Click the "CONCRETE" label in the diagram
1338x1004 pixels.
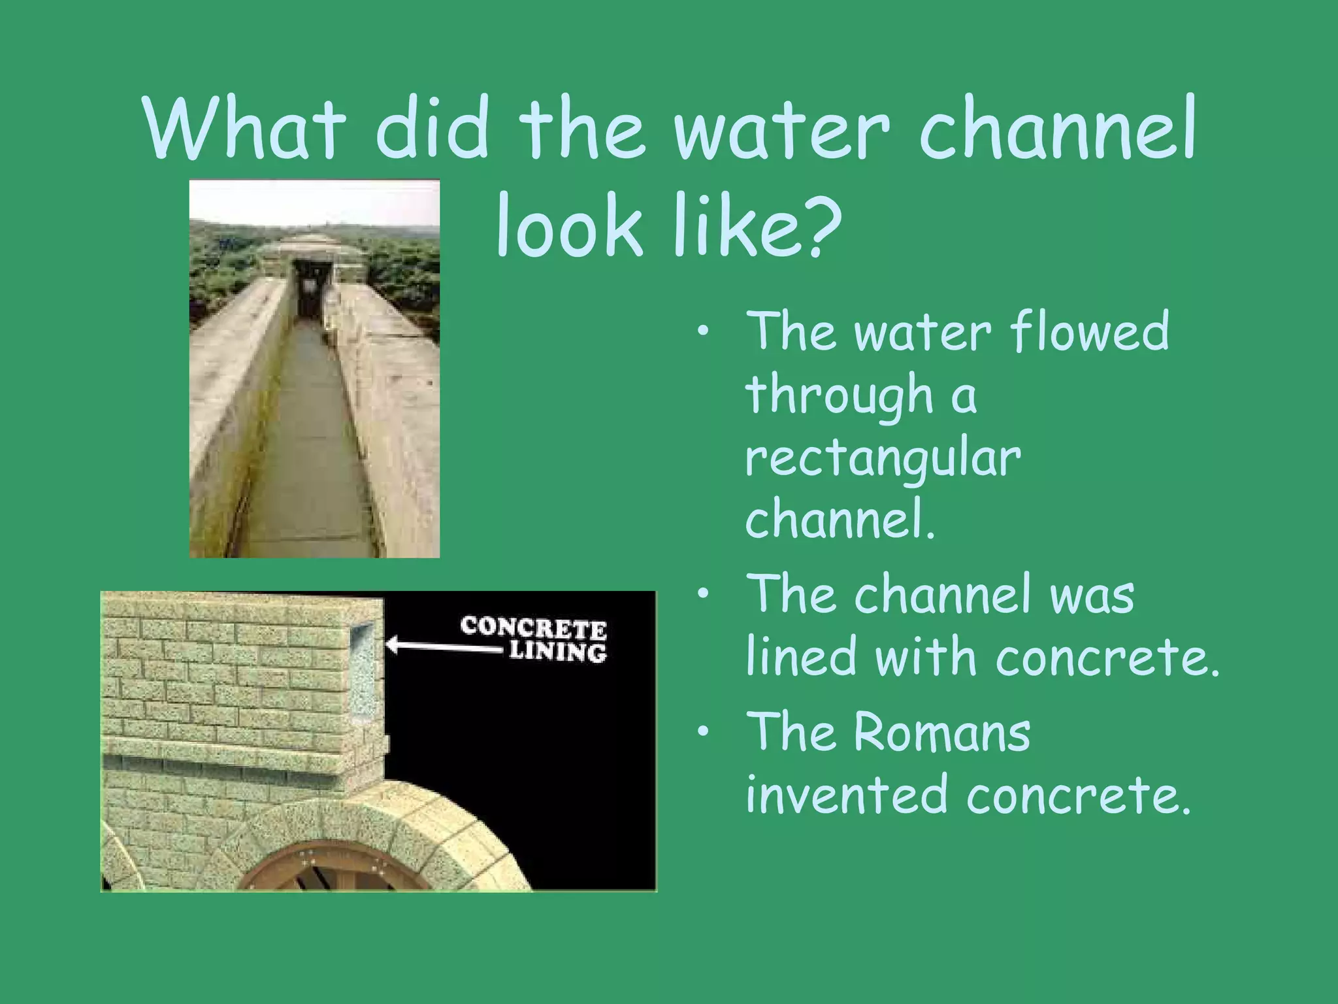[x=533, y=628]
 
